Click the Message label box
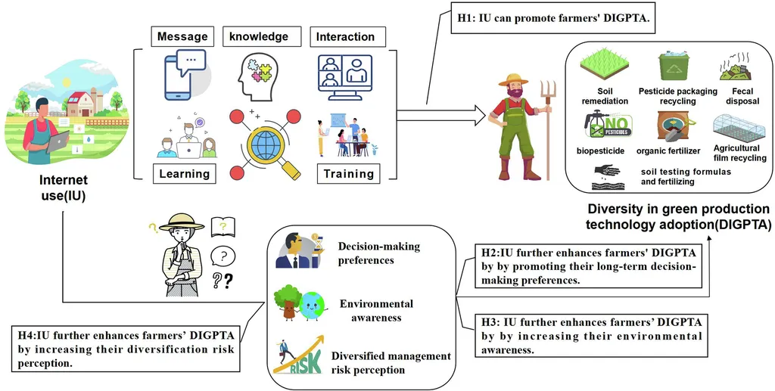(182, 36)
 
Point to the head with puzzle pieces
(258, 74)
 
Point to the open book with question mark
(223, 225)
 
